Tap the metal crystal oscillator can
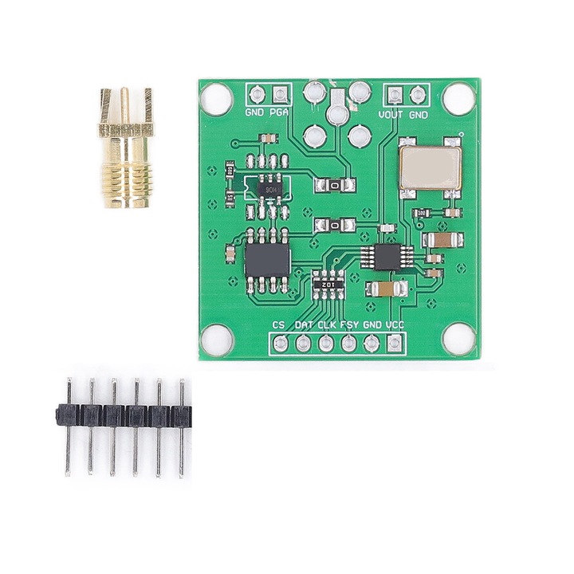(x=431, y=166)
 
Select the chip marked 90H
(x=270, y=190)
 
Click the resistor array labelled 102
(x=327, y=283)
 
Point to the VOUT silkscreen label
(x=391, y=114)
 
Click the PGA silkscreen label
(x=279, y=114)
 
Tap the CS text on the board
(x=278, y=325)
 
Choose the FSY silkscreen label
(x=349, y=325)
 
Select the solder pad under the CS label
(x=281, y=344)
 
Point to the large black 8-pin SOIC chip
(x=267, y=259)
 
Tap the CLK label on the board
(x=326, y=325)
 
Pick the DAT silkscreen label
(x=304, y=325)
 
